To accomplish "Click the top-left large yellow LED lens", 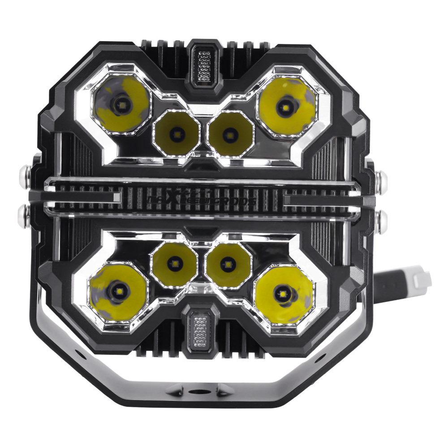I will pos(120,104).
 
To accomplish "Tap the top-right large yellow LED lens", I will pos(285,106).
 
